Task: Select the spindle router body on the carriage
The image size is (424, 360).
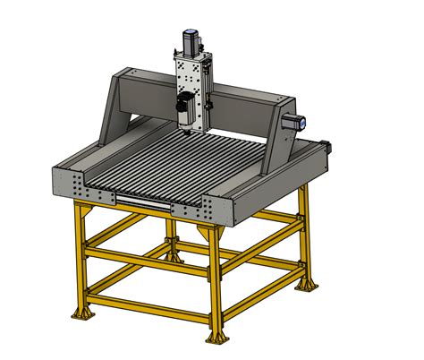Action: (186, 108)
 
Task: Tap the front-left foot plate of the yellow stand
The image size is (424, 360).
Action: (83, 315)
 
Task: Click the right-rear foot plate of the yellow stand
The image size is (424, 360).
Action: (308, 285)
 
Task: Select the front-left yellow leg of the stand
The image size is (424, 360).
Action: (82, 260)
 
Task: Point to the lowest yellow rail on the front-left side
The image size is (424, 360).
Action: (148, 304)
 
